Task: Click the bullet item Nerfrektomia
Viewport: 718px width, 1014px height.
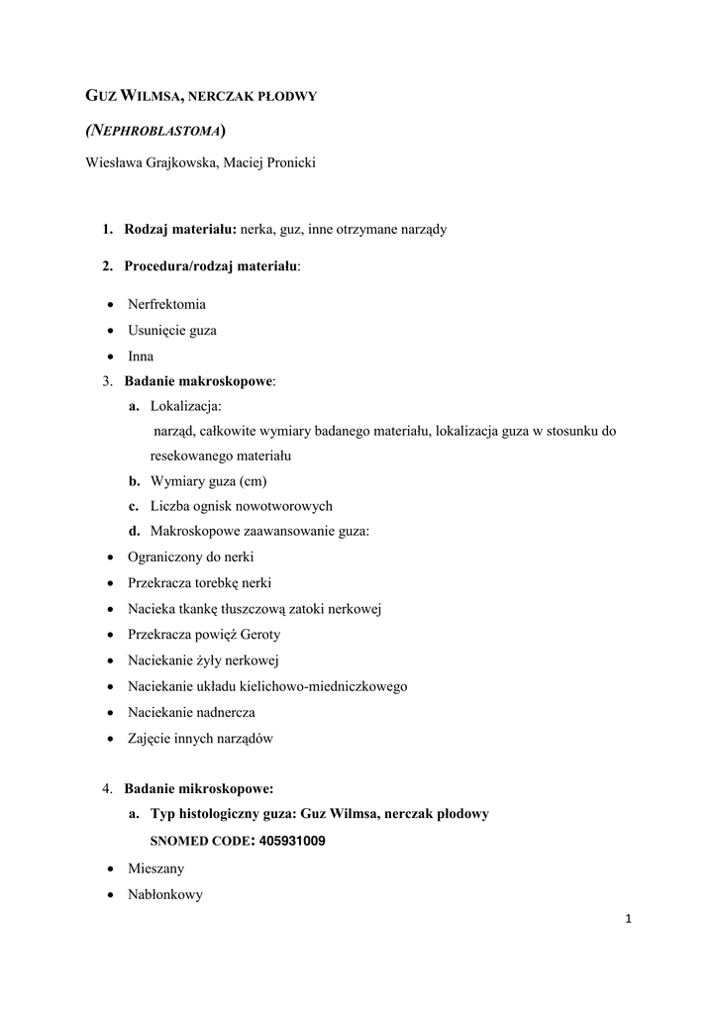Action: [x=166, y=304]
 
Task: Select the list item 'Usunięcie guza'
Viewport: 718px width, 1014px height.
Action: [x=171, y=330]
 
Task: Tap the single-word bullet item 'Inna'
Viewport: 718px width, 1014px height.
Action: [x=141, y=355]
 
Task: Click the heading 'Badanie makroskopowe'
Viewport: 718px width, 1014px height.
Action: [x=198, y=380]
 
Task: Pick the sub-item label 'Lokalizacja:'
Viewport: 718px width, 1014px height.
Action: [x=186, y=406]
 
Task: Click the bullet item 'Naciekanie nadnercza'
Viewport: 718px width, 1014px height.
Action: [x=191, y=712]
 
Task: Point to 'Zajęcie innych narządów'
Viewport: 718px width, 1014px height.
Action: [x=200, y=738]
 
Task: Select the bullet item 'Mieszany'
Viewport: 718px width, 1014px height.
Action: [x=155, y=868]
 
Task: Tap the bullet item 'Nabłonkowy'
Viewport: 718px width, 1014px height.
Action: [x=164, y=894]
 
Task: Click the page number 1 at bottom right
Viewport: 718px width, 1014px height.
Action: [x=628, y=919]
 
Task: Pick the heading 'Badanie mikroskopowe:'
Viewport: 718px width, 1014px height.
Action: [x=198, y=789]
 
